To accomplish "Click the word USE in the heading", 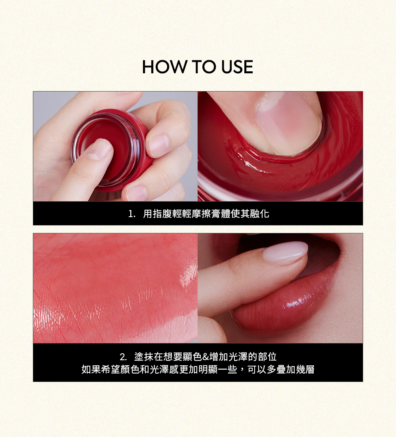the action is coord(237,67).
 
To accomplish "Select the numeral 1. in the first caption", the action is coord(132,214).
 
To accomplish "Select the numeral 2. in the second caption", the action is coord(123,357).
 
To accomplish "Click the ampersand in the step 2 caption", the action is coord(205,357).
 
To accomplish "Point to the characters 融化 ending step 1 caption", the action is coord(259,214).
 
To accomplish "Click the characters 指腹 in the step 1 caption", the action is coord(162,214).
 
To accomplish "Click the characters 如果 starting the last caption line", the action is coord(91,369).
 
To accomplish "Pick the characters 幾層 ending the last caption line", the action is coord(305,369).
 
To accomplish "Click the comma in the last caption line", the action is coord(242,370).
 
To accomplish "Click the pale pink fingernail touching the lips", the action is coord(286,252).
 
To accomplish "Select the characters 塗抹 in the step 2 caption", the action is coord(144,357).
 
